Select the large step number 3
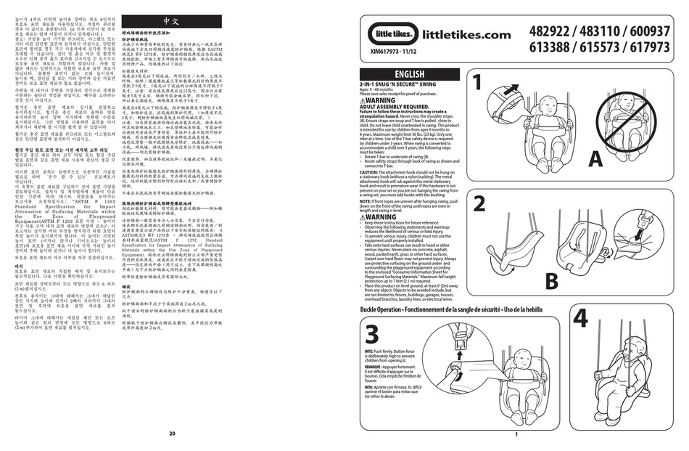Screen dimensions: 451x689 click(373, 336)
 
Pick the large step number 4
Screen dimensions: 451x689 click(580, 318)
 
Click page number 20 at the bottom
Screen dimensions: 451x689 click(172, 434)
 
